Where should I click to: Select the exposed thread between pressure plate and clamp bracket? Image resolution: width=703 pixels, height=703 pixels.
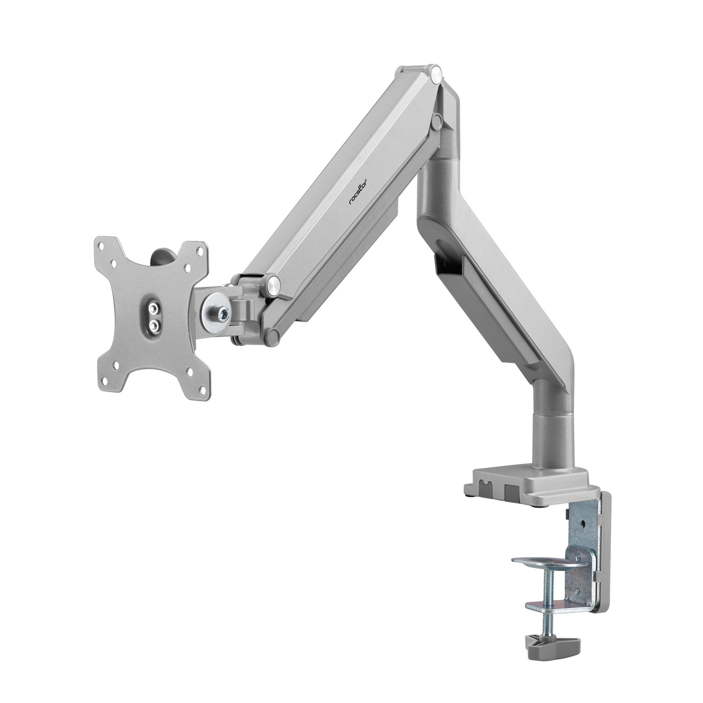tap(541, 578)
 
